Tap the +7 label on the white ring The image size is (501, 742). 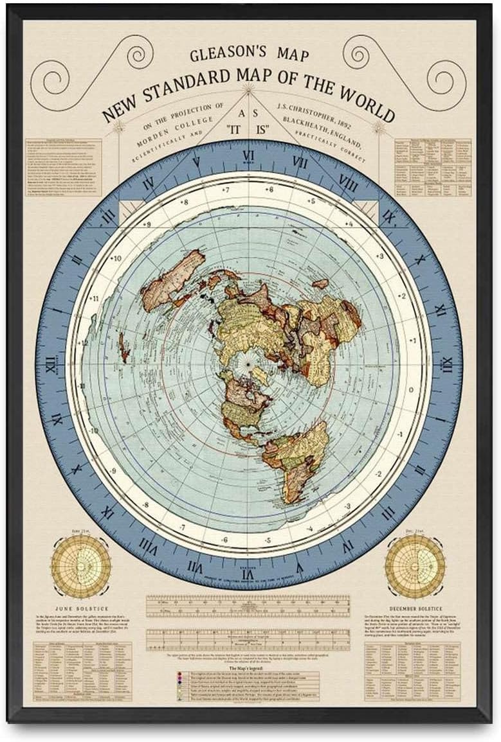pos(225,191)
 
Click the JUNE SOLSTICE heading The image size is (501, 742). pos(81,608)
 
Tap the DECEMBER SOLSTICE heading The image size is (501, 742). pos(414,608)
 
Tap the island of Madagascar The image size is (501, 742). pos(320,283)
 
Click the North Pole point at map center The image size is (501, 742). pos(248,365)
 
